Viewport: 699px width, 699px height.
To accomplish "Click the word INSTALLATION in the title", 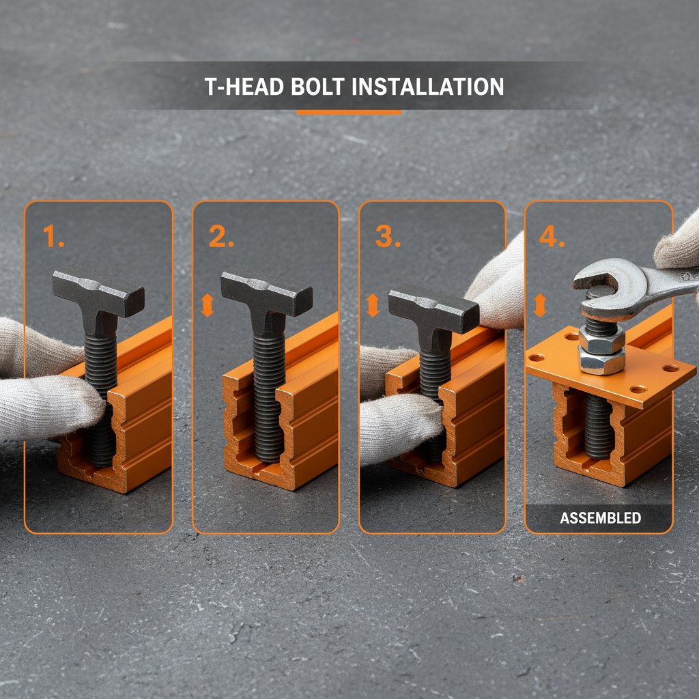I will pyautogui.click(x=429, y=87).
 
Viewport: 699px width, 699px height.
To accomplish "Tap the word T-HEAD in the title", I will pyautogui.click(x=238, y=87).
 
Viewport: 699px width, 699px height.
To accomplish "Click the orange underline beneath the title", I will pyautogui.click(x=349, y=112).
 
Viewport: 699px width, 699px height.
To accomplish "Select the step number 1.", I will pyautogui.click(x=53, y=236).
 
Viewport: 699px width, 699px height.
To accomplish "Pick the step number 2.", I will pyautogui.click(x=221, y=236).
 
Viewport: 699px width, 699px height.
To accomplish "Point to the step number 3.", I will pyautogui.click(x=388, y=236).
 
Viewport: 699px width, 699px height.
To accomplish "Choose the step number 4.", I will pyautogui.click(x=552, y=236).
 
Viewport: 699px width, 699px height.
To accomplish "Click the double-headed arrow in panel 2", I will pyautogui.click(x=208, y=305).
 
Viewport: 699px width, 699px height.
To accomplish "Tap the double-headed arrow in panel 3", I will pyautogui.click(x=373, y=305).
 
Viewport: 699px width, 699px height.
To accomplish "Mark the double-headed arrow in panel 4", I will pyautogui.click(x=540, y=305).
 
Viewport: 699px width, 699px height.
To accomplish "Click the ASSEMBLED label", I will pyautogui.click(x=600, y=518).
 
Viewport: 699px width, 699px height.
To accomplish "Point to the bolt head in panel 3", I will pyautogui.click(x=433, y=307).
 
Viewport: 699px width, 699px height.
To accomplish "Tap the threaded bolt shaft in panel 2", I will pyautogui.click(x=267, y=396).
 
